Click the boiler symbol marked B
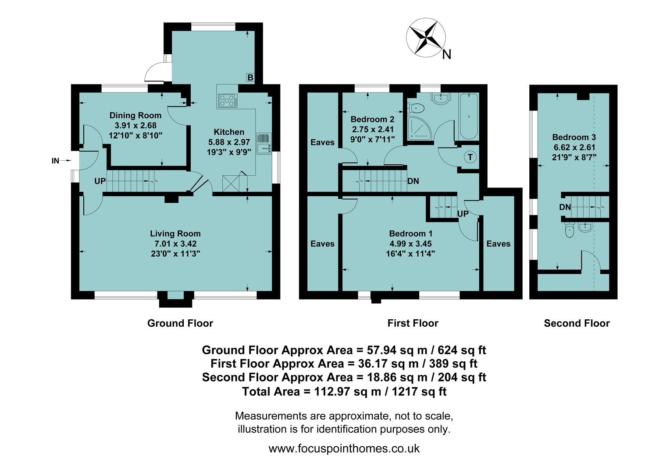(250, 78)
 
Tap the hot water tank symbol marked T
(470, 157)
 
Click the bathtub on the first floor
(469, 116)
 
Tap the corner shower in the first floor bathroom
(419, 129)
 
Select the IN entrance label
(55, 161)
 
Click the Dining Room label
(135, 115)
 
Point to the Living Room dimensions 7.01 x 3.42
(175, 244)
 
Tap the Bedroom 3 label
(574, 137)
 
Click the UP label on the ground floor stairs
(100, 180)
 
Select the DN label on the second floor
(565, 207)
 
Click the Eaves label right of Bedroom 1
(498, 244)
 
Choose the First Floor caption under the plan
(413, 323)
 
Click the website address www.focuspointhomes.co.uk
(344, 448)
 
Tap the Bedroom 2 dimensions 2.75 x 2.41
(372, 129)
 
